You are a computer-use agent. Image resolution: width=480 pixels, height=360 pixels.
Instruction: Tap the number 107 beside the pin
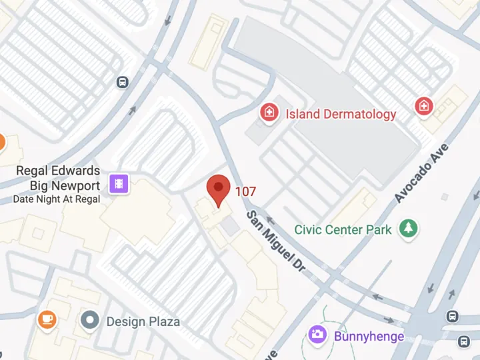click(245, 192)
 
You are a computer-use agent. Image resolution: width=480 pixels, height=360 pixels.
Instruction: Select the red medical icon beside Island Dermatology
click(269, 112)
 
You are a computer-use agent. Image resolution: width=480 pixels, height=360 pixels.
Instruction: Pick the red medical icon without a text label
click(423, 106)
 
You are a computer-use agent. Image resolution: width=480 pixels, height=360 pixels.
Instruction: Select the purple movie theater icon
click(120, 183)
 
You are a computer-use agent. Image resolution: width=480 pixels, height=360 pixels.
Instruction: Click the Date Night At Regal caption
click(57, 199)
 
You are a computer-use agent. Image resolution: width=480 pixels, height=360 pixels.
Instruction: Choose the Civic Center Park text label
click(343, 230)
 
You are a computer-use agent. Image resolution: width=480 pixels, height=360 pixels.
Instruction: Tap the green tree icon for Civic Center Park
click(407, 229)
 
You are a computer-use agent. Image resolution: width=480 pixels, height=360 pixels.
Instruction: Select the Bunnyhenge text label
click(369, 336)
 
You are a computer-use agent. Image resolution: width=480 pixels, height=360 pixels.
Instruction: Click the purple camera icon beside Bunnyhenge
click(318, 335)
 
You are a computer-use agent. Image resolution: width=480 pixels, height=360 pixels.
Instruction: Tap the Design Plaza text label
click(143, 321)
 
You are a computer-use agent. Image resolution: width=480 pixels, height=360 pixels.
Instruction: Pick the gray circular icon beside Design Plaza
click(90, 321)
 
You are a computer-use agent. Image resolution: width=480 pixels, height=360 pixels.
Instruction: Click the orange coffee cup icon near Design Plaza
click(47, 320)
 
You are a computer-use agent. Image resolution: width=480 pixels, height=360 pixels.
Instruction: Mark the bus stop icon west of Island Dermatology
click(122, 82)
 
